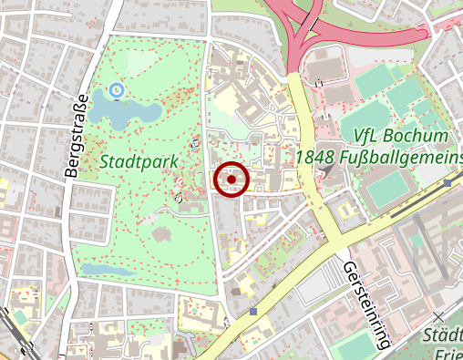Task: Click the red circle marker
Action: (x=231, y=179)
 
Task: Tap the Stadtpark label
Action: (x=139, y=161)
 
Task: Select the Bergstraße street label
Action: (x=77, y=135)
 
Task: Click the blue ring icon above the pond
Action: (x=116, y=89)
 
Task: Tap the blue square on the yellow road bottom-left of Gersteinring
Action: (x=252, y=311)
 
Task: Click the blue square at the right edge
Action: (x=448, y=182)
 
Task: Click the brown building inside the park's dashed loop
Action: (x=164, y=234)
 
